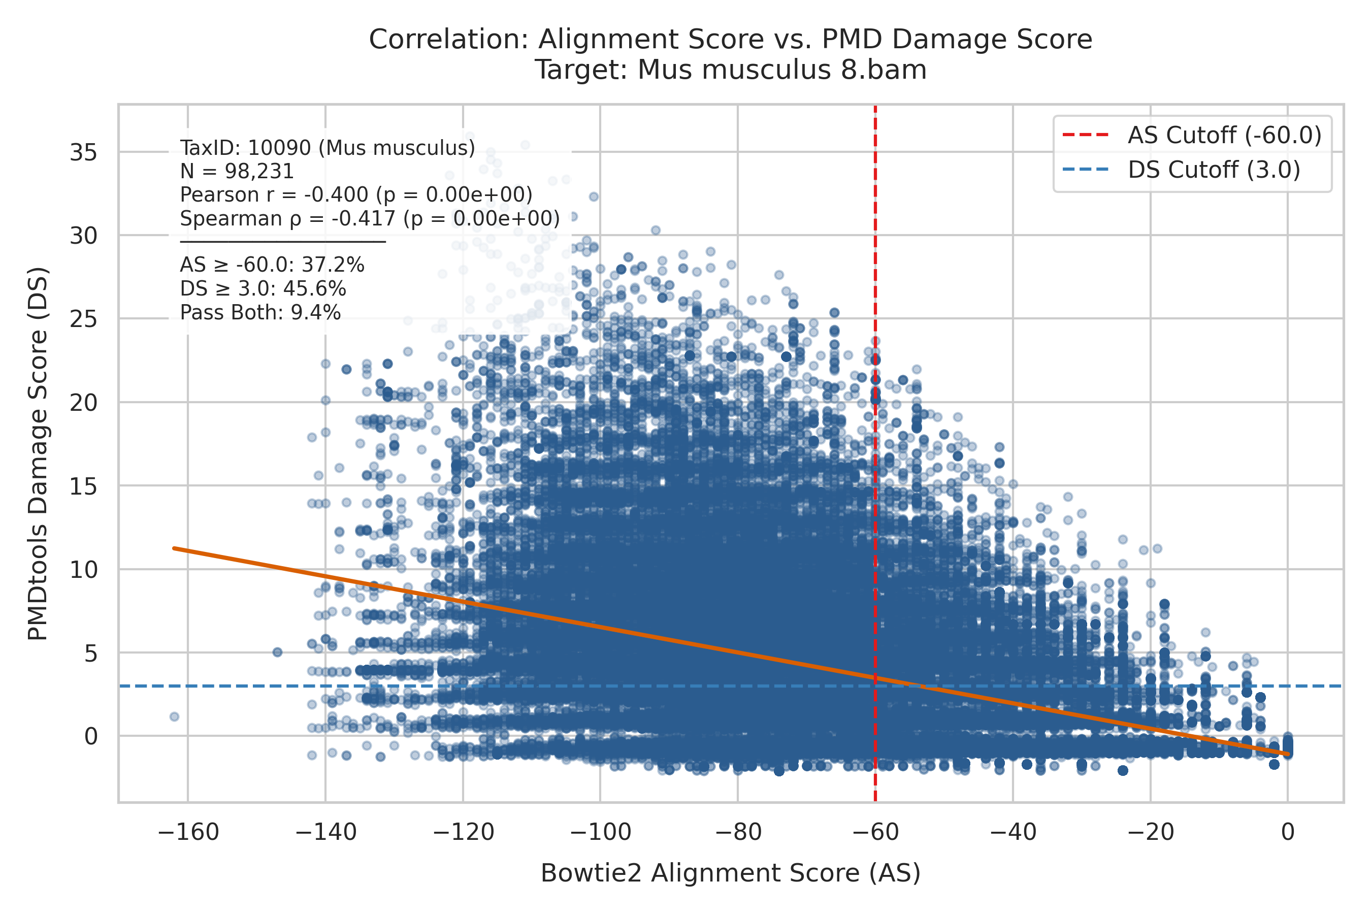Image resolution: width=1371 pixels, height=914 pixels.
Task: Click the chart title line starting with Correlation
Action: click(730, 40)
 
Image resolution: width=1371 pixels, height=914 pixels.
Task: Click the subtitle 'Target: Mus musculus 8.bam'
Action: click(730, 70)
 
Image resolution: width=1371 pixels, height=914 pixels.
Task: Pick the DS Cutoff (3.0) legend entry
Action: click(1181, 170)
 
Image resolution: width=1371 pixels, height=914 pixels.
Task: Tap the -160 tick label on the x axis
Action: click(188, 832)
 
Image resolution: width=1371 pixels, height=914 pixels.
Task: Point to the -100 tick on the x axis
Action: click(600, 832)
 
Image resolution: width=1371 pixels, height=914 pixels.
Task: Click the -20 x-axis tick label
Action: click(1151, 832)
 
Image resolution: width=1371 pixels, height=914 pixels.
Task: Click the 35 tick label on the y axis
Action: click(83, 153)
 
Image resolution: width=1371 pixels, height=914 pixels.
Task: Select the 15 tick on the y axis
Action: click(83, 486)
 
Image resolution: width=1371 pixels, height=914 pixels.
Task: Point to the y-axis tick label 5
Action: click(91, 654)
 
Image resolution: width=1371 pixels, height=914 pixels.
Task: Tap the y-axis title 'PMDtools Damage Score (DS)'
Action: click(38, 454)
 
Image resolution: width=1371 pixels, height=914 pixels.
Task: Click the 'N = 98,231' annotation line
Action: click(237, 172)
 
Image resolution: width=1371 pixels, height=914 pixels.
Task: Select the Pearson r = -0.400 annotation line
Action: click(356, 194)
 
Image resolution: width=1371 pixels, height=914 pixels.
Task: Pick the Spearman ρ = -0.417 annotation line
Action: click(370, 218)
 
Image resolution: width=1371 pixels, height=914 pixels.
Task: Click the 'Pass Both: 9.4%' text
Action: click(260, 313)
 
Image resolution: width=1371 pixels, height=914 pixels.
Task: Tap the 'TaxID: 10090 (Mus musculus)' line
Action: click(328, 148)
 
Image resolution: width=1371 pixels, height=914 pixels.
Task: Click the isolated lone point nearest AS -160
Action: click(174, 716)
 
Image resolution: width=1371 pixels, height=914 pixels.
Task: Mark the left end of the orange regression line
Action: click(174, 548)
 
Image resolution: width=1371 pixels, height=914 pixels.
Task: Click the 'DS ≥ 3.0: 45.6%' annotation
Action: click(263, 289)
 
